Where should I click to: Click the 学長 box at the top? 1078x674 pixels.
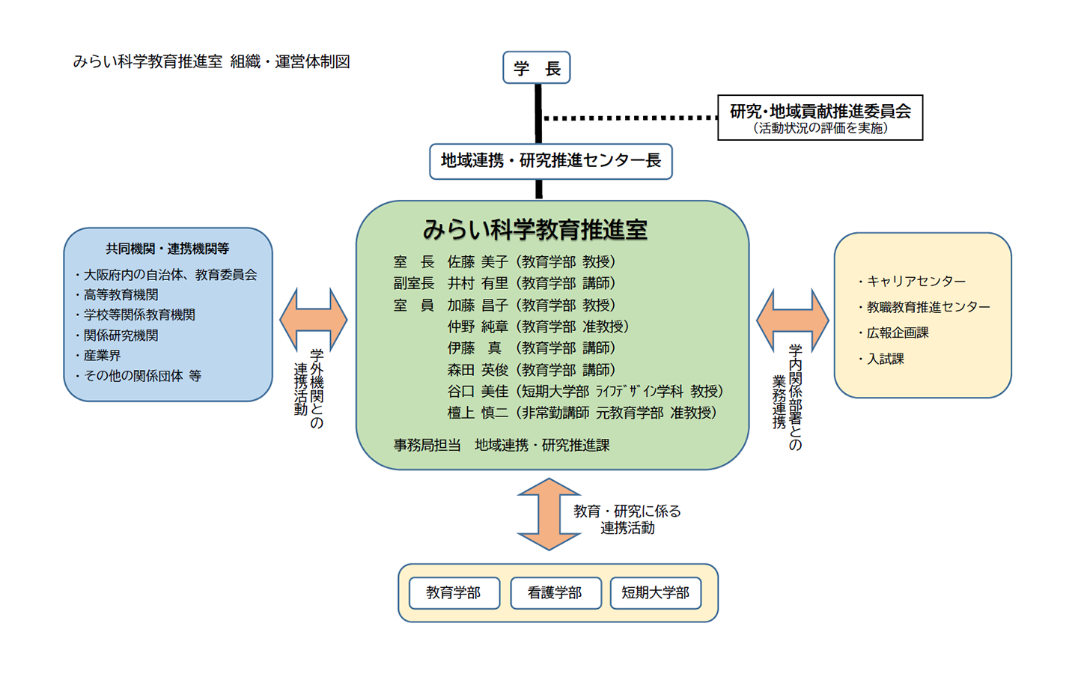tap(536, 68)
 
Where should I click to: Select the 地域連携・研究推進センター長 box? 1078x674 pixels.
tap(550, 161)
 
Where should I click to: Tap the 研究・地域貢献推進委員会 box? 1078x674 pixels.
tap(820, 118)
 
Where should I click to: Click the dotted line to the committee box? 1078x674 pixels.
tap(629, 118)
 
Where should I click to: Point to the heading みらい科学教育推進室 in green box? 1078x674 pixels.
tap(535, 230)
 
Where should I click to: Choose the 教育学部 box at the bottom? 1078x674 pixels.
tap(454, 593)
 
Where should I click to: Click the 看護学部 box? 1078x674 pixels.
tap(555, 593)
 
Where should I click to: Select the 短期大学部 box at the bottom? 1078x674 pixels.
tap(655, 593)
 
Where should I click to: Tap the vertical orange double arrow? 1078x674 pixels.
tap(549, 514)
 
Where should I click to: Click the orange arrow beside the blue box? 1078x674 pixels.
tap(313, 319)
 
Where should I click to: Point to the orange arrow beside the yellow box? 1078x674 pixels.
tap(792, 320)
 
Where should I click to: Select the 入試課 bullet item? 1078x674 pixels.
tap(885, 359)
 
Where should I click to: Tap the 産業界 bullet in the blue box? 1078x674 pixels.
tap(102, 356)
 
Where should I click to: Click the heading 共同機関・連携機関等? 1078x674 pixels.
tap(167, 249)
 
